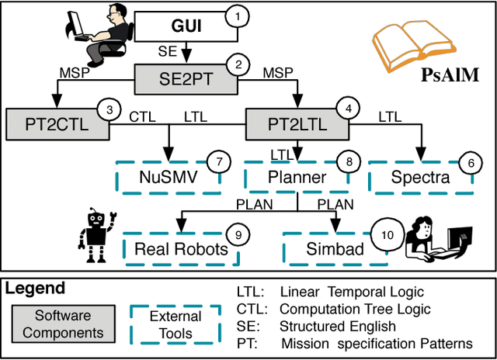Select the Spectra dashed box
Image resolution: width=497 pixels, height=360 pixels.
click(x=419, y=177)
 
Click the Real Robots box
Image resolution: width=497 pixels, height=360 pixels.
click(x=180, y=247)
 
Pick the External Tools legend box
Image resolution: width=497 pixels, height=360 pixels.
click(x=175, y=324)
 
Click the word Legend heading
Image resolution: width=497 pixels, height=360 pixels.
click(x=36, y=289)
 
